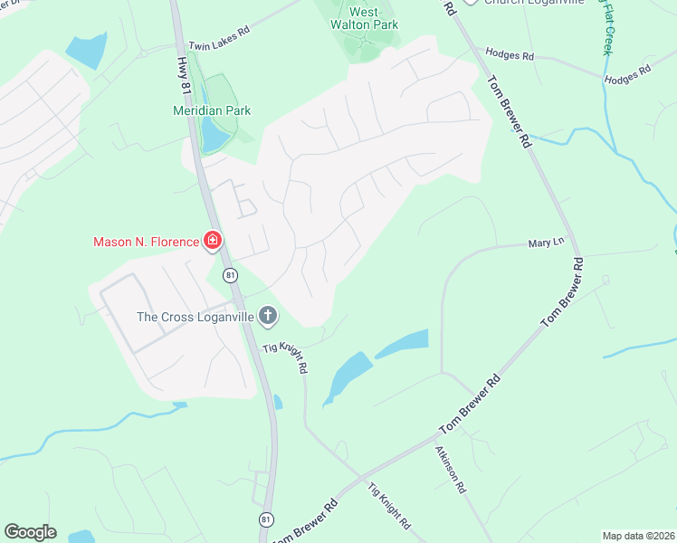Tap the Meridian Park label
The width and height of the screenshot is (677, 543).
click(212, 110)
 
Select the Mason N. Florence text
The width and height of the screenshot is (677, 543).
click(146, 242)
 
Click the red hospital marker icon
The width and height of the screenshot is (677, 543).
click(213, 241)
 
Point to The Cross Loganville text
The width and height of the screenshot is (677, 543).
click(195, 317)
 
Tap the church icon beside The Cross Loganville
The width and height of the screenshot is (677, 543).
click(267, 316)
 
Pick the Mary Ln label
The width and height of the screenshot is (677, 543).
click(546, 243)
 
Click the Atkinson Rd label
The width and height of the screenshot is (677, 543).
click(450, 469)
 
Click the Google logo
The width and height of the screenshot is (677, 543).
click(30, 532)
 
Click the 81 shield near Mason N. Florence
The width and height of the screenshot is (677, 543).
click(231, 274)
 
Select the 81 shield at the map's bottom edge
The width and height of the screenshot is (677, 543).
click(265, 519)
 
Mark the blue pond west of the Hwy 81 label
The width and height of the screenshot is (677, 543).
click(84, 51)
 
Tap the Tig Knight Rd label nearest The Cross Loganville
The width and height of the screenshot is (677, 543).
click(286, 357)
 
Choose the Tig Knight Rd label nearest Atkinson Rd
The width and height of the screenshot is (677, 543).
click(389, 506)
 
